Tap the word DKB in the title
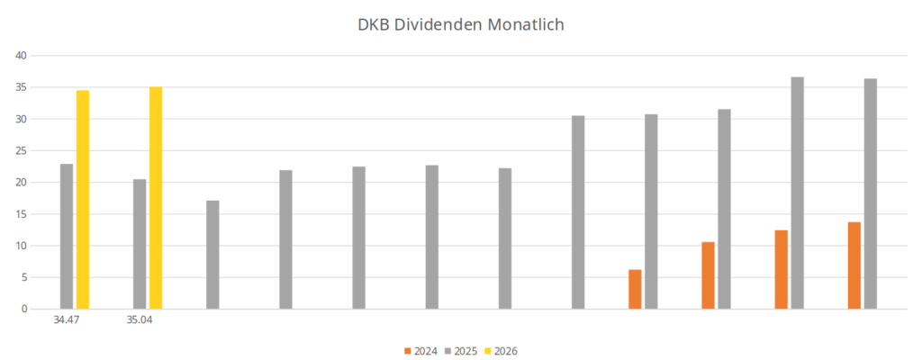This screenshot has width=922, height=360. [x=372, y=24]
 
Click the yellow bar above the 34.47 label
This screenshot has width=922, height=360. [x=83, y=200]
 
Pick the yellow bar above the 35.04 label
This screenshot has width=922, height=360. [x=156, y=198]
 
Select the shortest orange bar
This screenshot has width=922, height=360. [x=635, y=290]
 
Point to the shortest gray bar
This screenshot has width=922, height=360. [x=212, y=255]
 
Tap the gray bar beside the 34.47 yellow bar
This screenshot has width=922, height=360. [x=67, y=237]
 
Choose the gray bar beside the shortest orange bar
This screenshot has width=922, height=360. [x=651, y=211]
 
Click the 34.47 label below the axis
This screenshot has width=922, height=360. [x=67, y=321]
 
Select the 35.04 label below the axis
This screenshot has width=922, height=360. [x=140, y=321]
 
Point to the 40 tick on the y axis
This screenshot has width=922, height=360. [x=22, y=55]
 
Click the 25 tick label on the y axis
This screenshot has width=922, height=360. [x=22, y=150]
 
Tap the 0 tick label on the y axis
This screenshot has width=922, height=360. [x=24, y=309]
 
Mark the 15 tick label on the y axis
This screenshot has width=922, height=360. [x=22, y=214]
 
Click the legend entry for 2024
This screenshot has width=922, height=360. [x=421, y=351]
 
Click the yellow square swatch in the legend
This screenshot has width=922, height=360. [x=488, y=351]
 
